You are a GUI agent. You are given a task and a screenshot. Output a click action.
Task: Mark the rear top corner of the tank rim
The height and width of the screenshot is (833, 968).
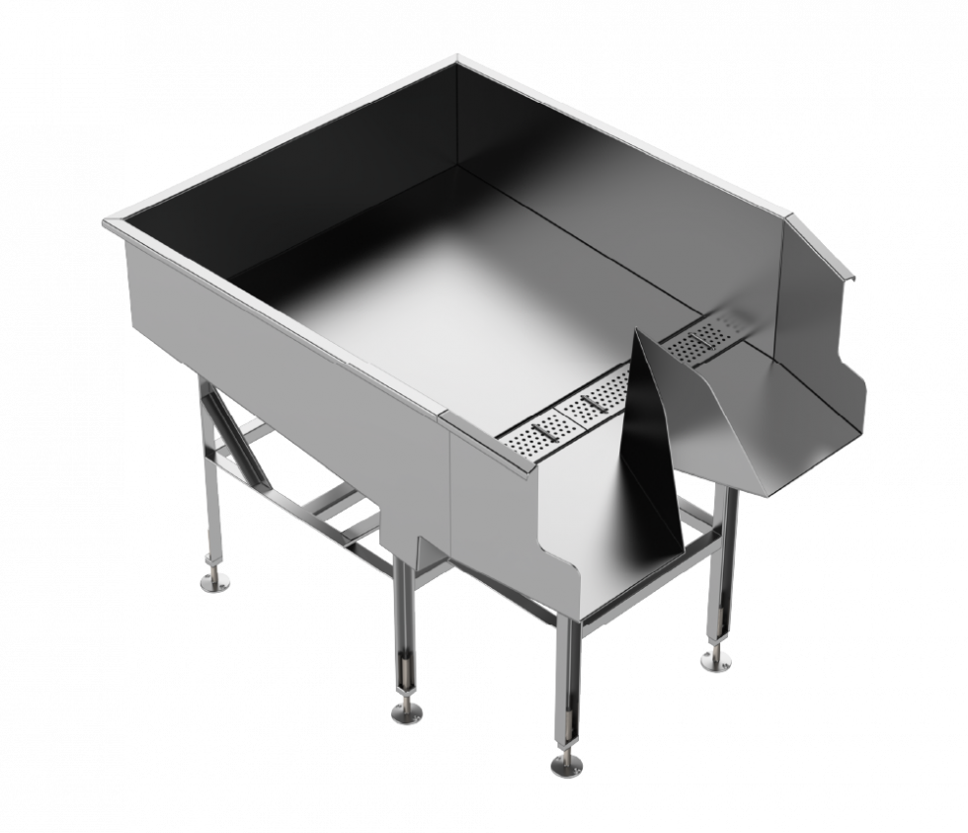(456, 60)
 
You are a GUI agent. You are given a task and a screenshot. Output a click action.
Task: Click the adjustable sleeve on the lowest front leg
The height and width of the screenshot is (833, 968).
(568, 682)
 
